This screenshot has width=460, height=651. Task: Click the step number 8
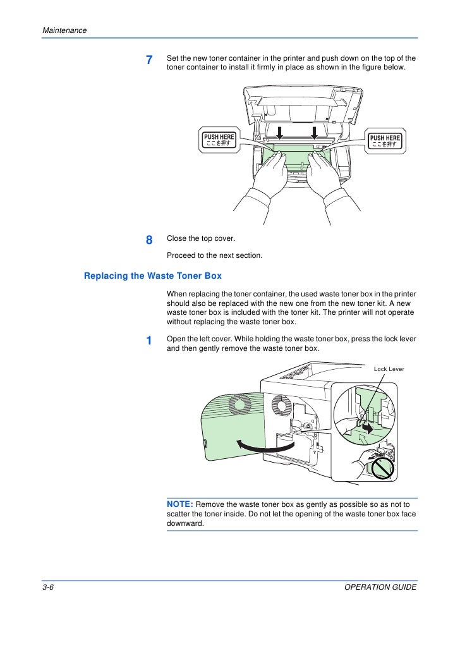pyautogui.click(x=149, y=240)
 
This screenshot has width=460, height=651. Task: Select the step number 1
pyautogui.click(x=149, y=341)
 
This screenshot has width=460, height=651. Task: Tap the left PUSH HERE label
pyautogui.click(x=219, y=140)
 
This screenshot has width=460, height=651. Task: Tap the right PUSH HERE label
pyautogui.click(x=385, y=140)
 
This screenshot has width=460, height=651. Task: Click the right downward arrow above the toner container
pyautogui.click(x=314, y=131)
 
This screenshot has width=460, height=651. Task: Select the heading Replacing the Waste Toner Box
pyautogui.click(x=153, y=276)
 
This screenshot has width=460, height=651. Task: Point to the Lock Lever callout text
pyautogui.click(x=389, y=368)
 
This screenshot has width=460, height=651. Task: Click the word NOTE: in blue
pyautogui.click(x=181, y=504)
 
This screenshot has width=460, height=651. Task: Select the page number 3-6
pyautogui.click(x=51, y=587)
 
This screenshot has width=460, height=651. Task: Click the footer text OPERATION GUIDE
pyautogui.click(x=380, y=587)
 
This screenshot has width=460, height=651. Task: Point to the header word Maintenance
pyautogui.click(x=64, y=30)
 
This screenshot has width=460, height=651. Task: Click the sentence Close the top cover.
pyautogui.click(x=200, y=239)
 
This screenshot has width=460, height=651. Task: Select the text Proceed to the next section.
pyautogui.click(x=214, y=255)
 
